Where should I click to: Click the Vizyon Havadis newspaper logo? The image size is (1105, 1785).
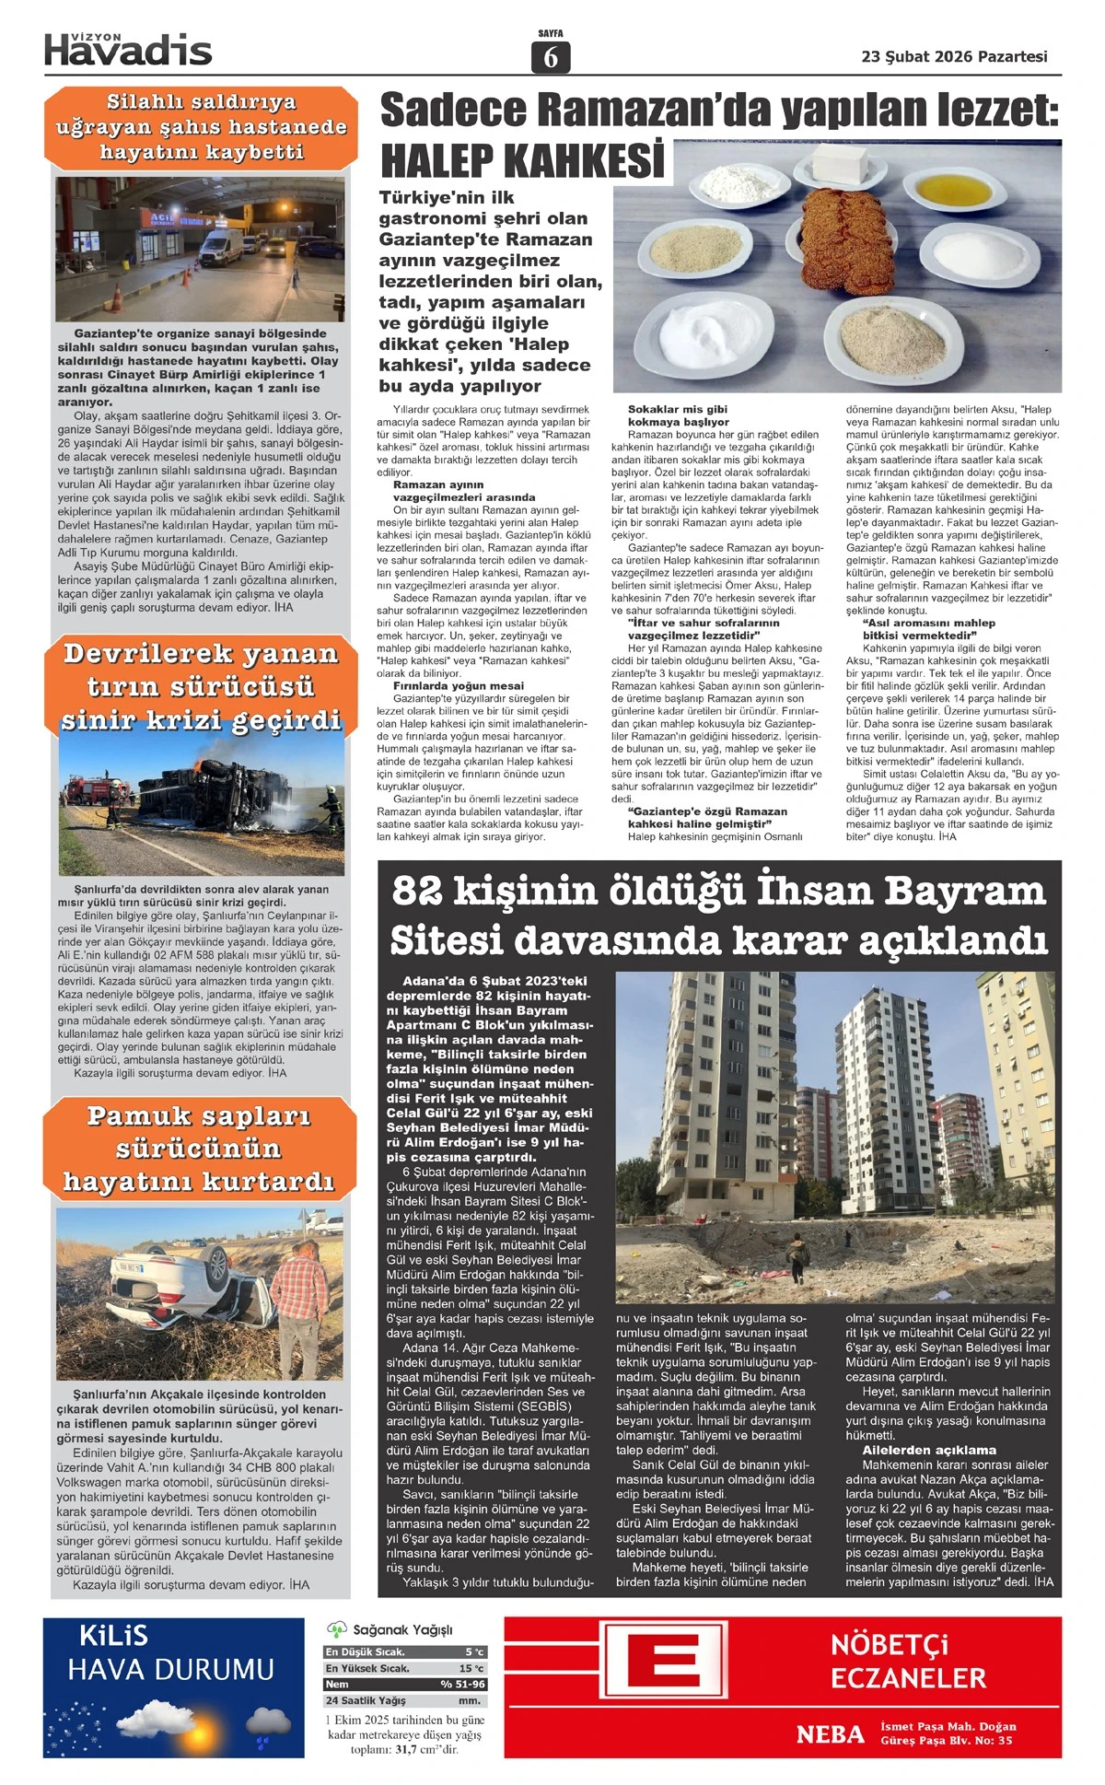(x=128, y=49)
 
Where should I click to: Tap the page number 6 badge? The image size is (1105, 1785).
(x=551, y=58)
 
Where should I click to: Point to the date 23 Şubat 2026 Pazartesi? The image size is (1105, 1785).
(x=954, y=56)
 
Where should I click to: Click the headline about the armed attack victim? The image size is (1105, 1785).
(x=201, y=127)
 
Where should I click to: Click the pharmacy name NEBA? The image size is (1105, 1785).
(x=830, y=1735)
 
